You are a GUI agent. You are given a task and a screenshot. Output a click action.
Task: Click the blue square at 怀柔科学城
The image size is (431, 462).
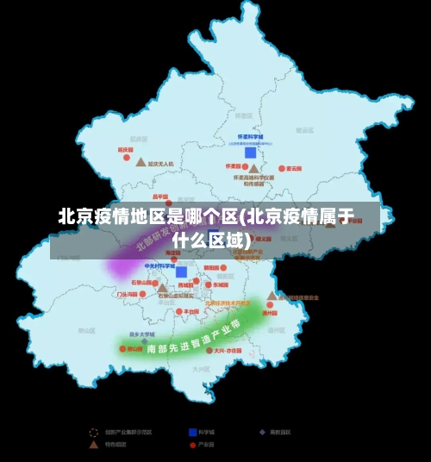coord(251,153)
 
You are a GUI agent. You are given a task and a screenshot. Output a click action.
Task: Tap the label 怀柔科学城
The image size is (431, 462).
coord(251,137)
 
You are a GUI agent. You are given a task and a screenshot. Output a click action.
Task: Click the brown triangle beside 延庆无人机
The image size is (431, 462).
coord(141,162)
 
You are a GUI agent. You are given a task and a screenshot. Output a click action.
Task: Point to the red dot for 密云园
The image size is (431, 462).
coord(280,169)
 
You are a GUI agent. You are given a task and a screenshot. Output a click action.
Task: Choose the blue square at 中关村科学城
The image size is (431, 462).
coord(181,272)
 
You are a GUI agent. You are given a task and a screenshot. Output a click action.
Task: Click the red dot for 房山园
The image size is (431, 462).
coord(121,349)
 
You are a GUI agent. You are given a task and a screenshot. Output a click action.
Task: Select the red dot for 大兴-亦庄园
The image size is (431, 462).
coord(207,351)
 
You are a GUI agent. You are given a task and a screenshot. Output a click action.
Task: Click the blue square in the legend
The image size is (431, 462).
coord(192,432)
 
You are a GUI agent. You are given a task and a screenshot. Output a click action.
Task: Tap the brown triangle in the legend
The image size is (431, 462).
coord(95,445)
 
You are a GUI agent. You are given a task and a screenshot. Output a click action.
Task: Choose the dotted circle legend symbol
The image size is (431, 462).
coord(95,432)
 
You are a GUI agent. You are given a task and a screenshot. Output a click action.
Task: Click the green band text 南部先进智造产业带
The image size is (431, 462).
coord(194,338)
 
